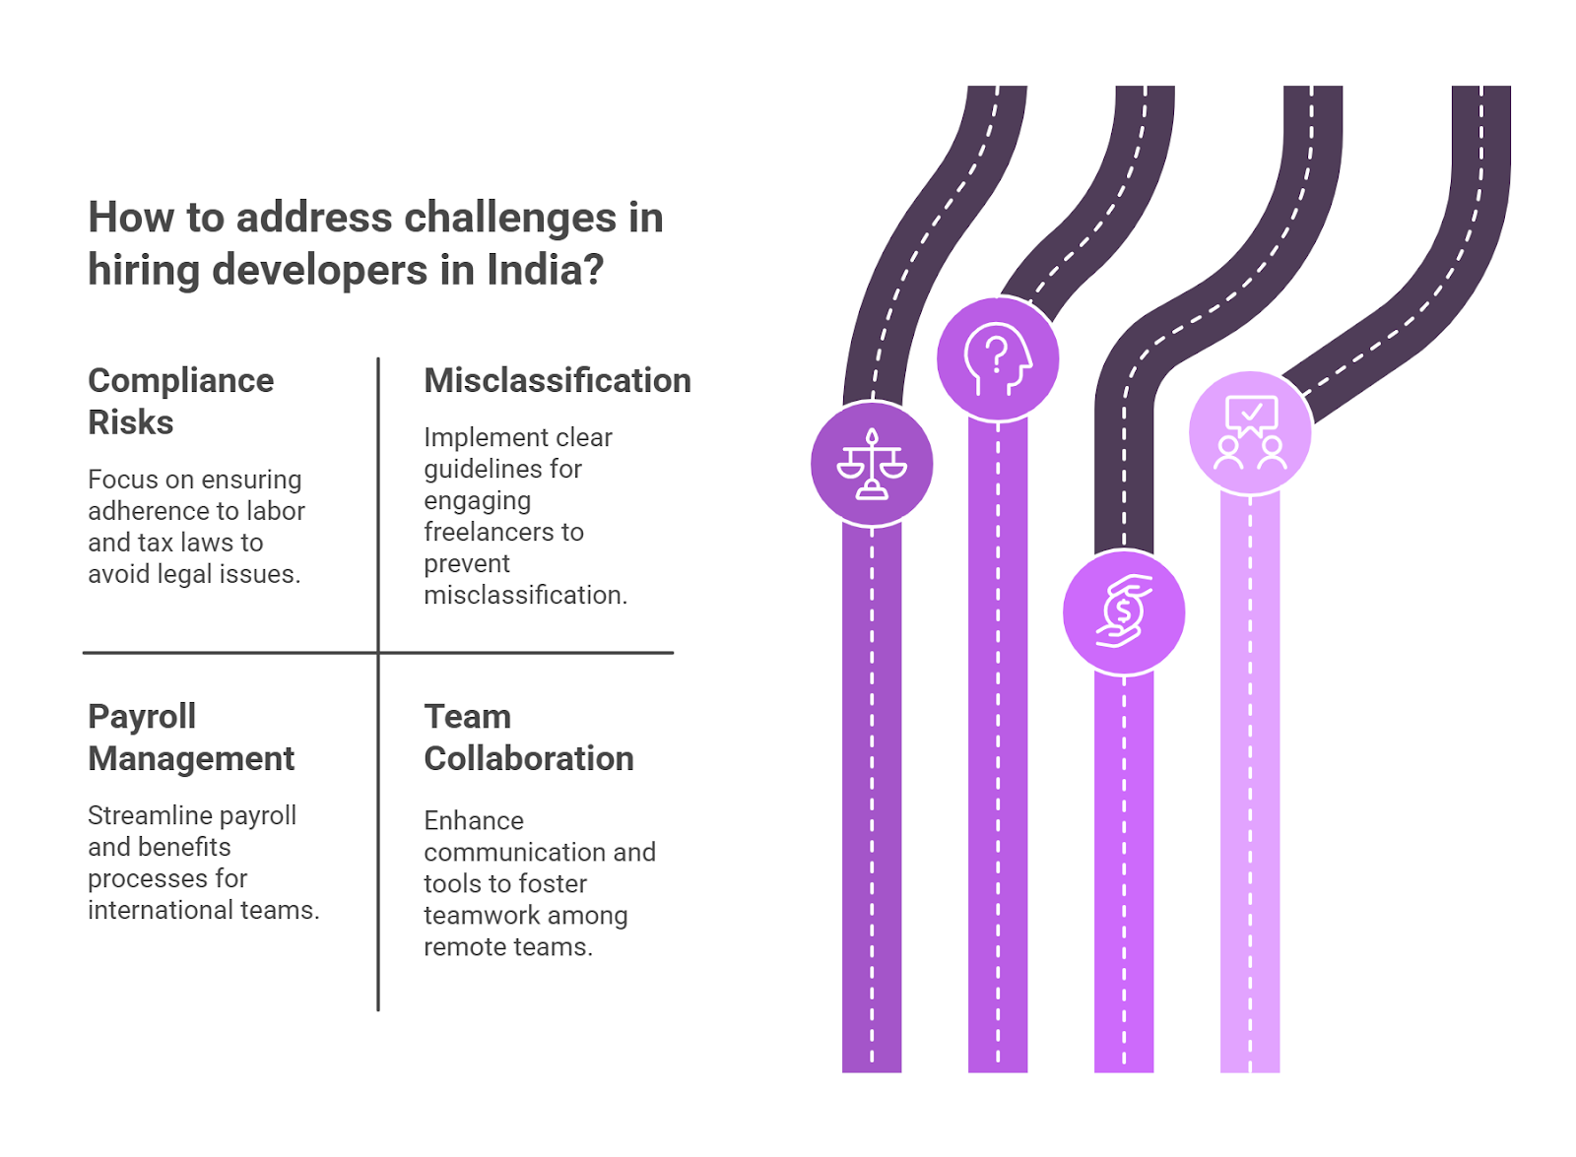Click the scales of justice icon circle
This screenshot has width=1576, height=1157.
871,464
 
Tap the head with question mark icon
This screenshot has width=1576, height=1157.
997,358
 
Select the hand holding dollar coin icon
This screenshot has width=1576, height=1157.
1124,612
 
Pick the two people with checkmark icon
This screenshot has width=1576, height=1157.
1249,432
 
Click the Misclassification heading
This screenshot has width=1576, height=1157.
557,381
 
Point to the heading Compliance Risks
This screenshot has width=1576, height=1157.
180,401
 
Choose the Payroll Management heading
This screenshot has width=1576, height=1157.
190,737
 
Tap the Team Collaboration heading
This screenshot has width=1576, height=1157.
528,737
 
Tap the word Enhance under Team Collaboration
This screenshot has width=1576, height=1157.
473,820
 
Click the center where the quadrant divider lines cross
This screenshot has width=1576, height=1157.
378,652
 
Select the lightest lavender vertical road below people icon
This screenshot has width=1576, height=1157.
1249,788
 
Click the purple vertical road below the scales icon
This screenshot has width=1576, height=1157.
871,788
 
